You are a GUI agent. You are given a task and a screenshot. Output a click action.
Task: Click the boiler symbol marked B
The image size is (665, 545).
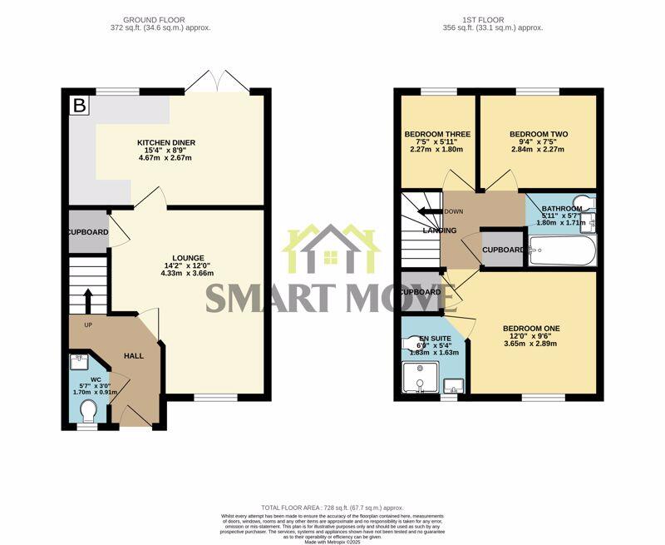tap(80, 106)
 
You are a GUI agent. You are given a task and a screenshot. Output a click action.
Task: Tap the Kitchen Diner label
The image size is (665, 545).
tap(166, 142)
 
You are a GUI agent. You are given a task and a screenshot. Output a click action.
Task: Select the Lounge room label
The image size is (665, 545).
tap(189, 258)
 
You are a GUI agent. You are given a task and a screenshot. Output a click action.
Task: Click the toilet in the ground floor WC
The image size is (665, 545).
tap(90, 411)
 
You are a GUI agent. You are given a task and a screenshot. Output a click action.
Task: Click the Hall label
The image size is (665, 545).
tap(133, 356)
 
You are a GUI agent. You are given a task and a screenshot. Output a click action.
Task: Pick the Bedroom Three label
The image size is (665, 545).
tap(437, 134)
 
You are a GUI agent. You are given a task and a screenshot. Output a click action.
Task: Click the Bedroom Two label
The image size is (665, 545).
tap(538, 134)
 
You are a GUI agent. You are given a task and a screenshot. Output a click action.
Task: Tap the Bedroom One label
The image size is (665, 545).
tap(532, 329)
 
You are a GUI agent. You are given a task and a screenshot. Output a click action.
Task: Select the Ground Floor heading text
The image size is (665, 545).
tap(154, 19)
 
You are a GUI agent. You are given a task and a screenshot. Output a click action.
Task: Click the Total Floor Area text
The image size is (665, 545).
tap(332, 507)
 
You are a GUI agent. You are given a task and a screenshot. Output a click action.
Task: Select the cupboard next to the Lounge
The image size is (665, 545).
tap(88, 232)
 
